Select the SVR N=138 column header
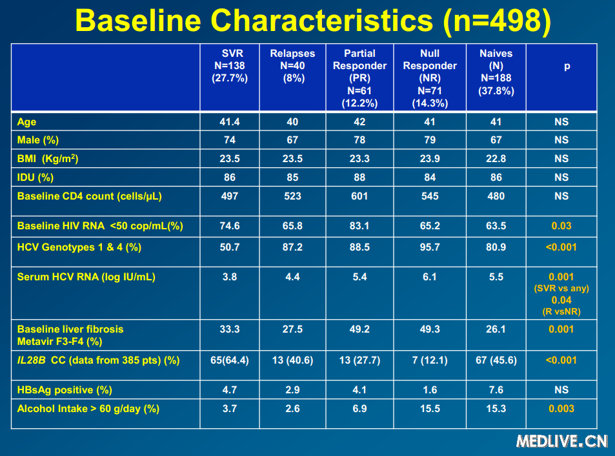[x=230, y=65]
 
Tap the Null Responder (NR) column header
[x=429, y=78]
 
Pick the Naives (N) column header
[x=496, y=72]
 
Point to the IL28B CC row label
[x=98, y=360]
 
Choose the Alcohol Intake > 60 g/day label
[x=88, y=408]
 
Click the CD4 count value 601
[x=359, y=196]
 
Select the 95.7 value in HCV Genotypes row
[x=430, y=247]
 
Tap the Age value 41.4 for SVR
[x=230, y=121]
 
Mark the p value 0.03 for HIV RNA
[x=561, y=226]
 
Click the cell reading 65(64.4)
[x=230, y=360]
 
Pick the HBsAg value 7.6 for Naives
[x=496, y=389]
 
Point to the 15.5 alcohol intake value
[x=430, y=408]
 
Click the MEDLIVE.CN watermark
[x=561, y=440]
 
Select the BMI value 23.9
[x=430, y=158]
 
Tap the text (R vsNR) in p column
[x=561, y=312]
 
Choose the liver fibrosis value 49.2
[x=359, y=329]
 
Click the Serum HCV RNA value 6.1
[x=430, y=276]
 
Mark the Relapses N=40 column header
[x=292, y=65]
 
